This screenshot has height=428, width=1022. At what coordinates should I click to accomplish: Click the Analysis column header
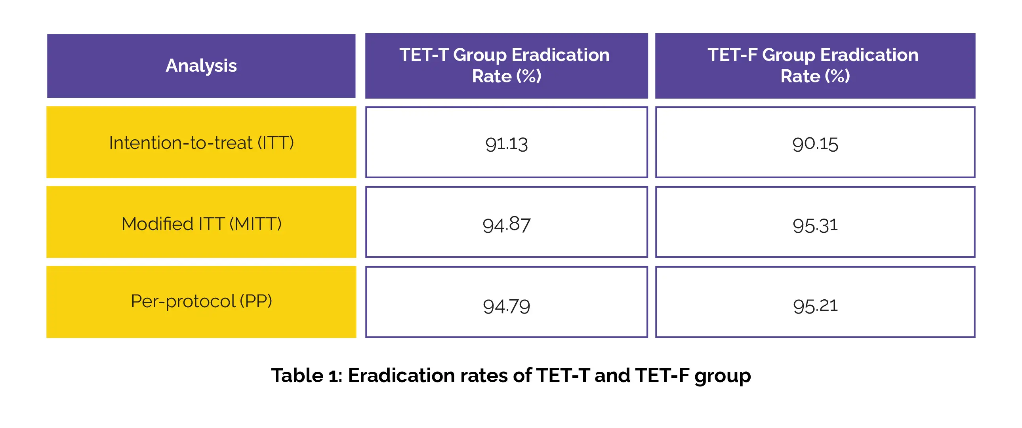tap(201, 65)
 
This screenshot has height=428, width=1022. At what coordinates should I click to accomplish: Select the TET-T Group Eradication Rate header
tap(506, 65)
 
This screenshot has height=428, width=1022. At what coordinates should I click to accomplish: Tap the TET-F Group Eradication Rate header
tap(815, 65)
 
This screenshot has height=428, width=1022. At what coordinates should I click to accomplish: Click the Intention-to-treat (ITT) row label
tap(201, 143)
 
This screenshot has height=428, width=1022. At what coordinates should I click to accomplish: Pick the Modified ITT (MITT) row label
tap(201, 224)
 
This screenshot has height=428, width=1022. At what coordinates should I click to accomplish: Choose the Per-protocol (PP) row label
tap(201, 301)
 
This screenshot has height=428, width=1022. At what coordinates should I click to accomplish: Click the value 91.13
tap(506, 144)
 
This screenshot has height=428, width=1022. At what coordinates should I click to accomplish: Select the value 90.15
tap(815, 144)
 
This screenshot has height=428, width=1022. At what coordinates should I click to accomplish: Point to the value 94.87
tap(506, 225)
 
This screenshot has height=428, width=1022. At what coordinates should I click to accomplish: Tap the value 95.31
tap(815, 225)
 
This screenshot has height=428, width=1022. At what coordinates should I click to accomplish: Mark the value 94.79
tap(506, 306)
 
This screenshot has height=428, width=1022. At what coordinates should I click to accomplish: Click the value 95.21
tap(815, 306)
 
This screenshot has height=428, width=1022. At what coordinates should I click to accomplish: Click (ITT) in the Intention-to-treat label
tap(276, 143)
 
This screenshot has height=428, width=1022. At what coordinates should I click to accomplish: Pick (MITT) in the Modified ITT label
tap(255, 224)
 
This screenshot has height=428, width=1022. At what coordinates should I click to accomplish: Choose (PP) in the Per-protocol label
tap(256, 301)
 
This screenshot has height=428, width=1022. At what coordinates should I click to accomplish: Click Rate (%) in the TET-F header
tap(815, 76)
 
